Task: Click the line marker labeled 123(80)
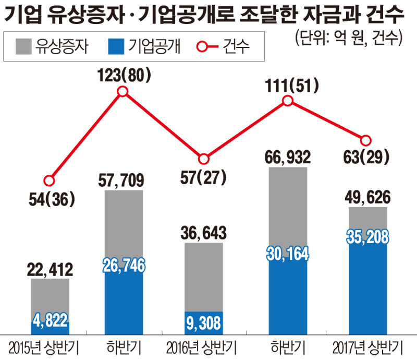click(x=123, y=92)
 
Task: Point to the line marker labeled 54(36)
click(x=49, y=181)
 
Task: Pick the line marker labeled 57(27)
click(x=204, y=159)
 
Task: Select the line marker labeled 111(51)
click(x=287, y=101)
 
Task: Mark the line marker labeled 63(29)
click(x=366, y=140)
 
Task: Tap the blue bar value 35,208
click(x=367, y=237)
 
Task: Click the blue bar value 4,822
click(x=50, y=319)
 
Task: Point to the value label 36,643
click(x=204, y=233)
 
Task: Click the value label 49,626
click(x=367, y=198)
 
